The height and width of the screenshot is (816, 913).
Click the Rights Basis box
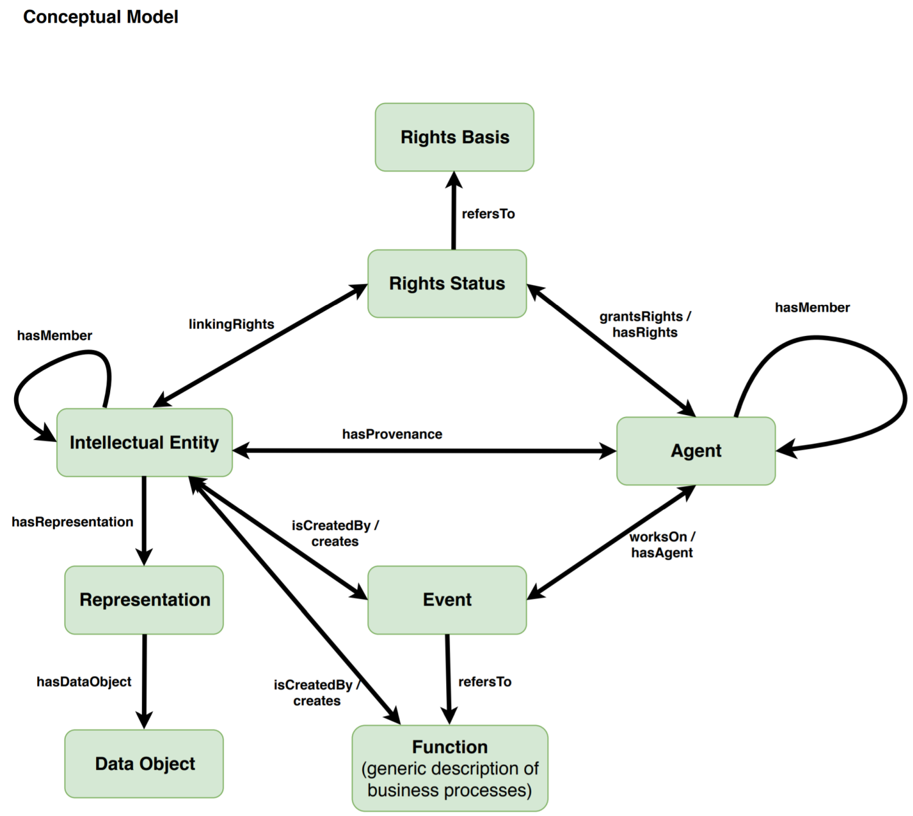pyautogui.click(x=454, y=137)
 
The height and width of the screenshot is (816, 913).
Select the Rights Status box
pyautogui.click(x=447, y=284)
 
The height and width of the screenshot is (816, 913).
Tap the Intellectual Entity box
pyautogui.click(x=144, y=442)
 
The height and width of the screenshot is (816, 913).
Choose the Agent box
pyautogui.click(x=696, y=451)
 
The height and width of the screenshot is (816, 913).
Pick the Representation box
pyautogui.click(x=144, y=600)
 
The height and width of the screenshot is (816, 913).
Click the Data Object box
pyautogui.click(x=144, y=764)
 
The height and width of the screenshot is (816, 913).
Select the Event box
pyautogui.click(x=447, y=600)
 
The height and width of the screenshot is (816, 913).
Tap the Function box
pyautogui.click(x=450, y=768)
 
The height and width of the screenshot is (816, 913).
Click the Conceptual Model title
pyautogui.click(x=100, y=17)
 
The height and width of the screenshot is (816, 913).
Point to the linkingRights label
pyautogui.click(x=231, y=324)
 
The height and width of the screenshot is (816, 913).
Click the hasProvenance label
pyautogui.click(x=392, y=434)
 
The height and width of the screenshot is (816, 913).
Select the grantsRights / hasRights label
pyautogui.click(x=645, y=324)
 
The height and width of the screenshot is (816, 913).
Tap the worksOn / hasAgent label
pyautogui.click(x=662, y=545)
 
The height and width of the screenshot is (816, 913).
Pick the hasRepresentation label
pyautogui.click(x=72, y=522)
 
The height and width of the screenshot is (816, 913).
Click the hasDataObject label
pyautogui.click(x=84, y=682)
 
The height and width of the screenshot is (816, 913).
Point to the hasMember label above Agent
pyautogui.click(x=812, y=308)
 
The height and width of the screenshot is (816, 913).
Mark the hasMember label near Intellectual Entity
pyautogui.click(x=55, y=336)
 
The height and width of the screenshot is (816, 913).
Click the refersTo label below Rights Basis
pyautogui.click(x=488, y=214)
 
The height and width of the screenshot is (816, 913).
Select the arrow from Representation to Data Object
pyautogui.click(x=144, y=682)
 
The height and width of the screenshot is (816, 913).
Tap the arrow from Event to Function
pyautogui.click(x=449, y=679)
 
